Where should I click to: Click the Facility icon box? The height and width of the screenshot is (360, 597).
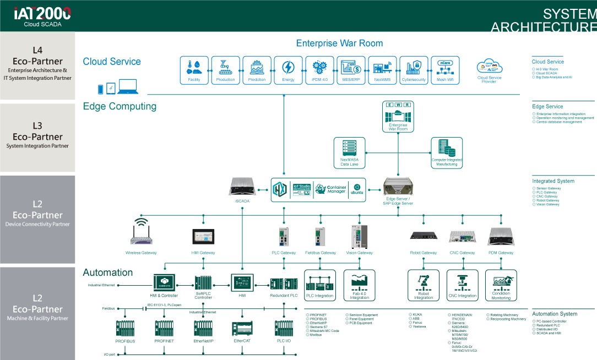click(193, 69)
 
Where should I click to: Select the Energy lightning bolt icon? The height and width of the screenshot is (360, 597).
click(288, 68)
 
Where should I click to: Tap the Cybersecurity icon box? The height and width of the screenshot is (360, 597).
click(414, 69)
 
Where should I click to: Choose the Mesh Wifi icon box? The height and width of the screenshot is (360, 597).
click(445, 69)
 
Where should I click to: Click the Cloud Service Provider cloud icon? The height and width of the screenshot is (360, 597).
click(489, 67)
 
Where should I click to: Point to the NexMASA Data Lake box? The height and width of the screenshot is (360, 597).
click(349, 152)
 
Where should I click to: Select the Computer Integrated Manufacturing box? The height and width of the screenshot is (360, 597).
click(446, 152)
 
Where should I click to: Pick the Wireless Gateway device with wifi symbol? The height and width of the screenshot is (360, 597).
click(142, 233)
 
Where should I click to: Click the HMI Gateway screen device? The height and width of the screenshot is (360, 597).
click(203, 236)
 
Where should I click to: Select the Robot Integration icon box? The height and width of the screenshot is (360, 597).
click(423, 285)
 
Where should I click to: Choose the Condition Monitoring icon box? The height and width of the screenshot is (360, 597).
click(501, 285)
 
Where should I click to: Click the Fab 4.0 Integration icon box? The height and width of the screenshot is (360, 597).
click(359, 285)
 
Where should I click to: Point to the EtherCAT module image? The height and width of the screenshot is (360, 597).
click(242, 328)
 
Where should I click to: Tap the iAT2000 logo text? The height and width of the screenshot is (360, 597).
click(42, 13)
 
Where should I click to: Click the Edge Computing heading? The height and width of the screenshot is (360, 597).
click(120, 106)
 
